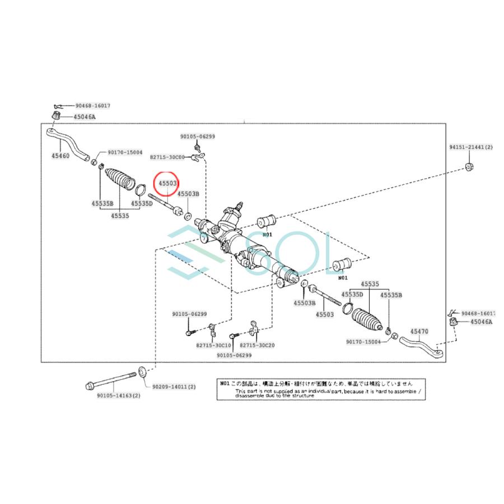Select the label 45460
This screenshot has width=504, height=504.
coord(60,156)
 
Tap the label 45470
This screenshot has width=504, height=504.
coord(418,332)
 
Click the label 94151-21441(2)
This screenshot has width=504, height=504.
coord(470,147)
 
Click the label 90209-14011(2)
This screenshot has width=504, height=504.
coord(174,386)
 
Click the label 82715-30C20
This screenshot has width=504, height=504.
coord(257,346)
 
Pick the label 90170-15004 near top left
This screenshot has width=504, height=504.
coord(124,152)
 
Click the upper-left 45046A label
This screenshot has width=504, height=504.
coord(85,117)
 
